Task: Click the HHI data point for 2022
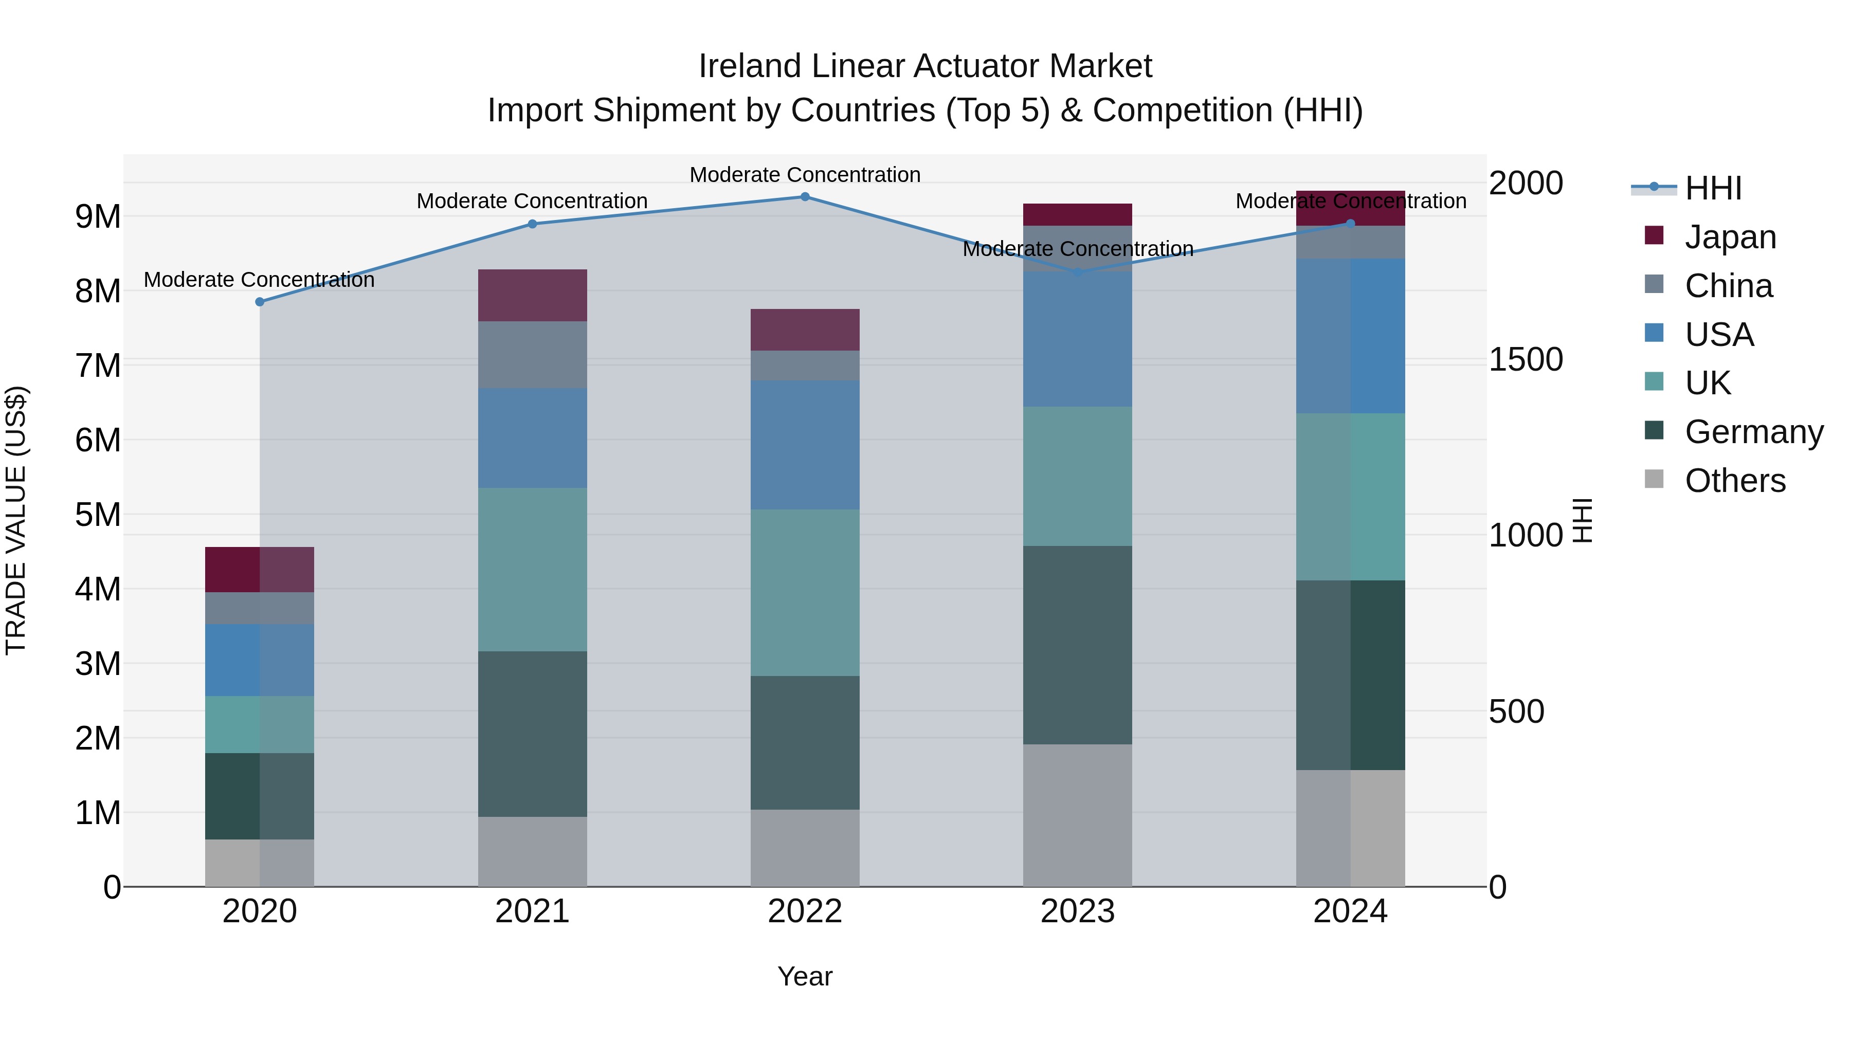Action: (x=805, y=197)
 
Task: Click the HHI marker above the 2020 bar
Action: (x=260, y=302)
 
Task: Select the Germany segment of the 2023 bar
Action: (x=1077, y=645)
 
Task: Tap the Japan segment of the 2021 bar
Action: (x=533, y=295)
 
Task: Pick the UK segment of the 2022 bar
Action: (x=805, y=593)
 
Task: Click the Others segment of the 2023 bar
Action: (x=1077, y=815)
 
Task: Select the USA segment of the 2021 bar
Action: (x=533, y=438)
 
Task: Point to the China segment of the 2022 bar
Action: (x=805, y=366)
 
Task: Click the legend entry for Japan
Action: (x=1730, y=236)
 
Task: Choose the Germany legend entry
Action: (x=1753, y=432)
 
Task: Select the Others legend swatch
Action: (x=1654, y=479)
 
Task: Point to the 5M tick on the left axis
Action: (x=98, y=515)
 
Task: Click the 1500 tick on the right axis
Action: (x=1525, y=359)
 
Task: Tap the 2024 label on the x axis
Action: (x=1350, y=911)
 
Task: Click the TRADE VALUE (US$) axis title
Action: (x=16, y=520)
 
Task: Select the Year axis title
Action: (x=805, y=976)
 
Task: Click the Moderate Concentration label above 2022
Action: (x=805, y=175)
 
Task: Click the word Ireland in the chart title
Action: (x=750, y=66)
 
